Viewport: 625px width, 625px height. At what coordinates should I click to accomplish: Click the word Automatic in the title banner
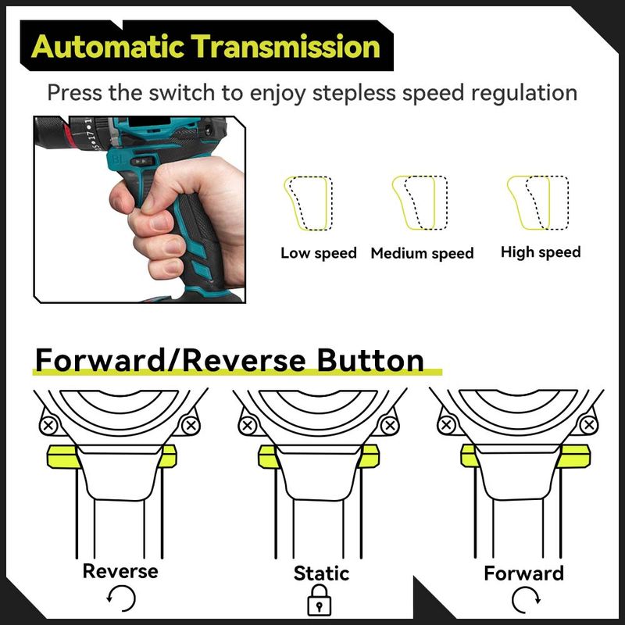(108, 47)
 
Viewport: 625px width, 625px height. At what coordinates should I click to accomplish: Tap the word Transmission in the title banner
(285, 46)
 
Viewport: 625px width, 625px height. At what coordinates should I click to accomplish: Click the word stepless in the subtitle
(354, 94)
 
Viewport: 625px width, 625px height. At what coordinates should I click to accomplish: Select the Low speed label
(319, 253)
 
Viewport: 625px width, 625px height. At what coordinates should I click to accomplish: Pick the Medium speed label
(422, 253)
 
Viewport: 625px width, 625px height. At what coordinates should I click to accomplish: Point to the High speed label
(541, 252)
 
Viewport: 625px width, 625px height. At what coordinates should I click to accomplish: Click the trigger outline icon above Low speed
(309, 203)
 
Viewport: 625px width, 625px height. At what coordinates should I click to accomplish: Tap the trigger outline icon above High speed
(537, 202)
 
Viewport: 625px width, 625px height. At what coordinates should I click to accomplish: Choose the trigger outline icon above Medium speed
(420, 202)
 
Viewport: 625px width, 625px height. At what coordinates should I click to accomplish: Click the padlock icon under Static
(320, 600)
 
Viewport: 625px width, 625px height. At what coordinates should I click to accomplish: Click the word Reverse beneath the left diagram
(120, 571)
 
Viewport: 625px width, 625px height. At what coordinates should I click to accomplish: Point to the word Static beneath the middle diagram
(321, 573)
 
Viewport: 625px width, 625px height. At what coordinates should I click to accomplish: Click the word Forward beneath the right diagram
(523, 573)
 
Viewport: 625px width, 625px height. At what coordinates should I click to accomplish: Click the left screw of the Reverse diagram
(48, 425)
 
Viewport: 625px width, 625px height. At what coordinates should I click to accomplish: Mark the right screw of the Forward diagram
(589, 425)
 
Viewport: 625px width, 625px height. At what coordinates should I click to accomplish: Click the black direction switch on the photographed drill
(142, 161)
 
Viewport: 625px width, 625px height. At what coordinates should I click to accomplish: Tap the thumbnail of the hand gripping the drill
(139, 209)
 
